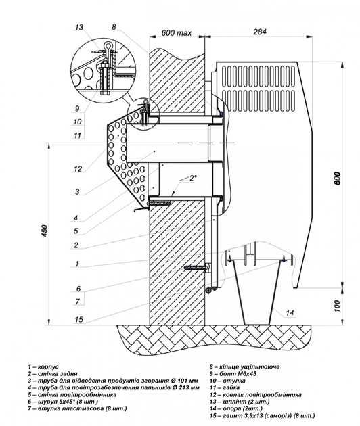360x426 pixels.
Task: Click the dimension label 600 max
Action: [x=177, y=33]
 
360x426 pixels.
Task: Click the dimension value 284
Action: [x=260, y=32]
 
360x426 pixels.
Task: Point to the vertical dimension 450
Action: [x=45, y=231]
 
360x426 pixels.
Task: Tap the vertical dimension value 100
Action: [x=337, y=306]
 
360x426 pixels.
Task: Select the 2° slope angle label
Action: [x=193, y=179]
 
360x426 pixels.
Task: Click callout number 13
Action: [x=79, y=28]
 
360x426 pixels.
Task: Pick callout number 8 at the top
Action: [x=114, y=26]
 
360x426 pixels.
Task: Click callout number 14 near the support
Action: [x=290, y=313]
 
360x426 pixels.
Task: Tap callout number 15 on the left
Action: [x=78, y=319]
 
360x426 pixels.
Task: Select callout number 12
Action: [x=78, y=169]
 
